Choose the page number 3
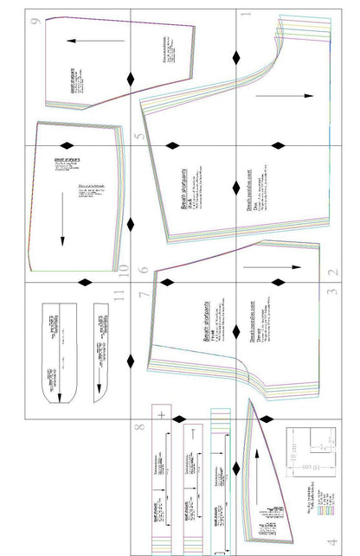[333, 292]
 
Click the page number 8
[140, 425]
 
